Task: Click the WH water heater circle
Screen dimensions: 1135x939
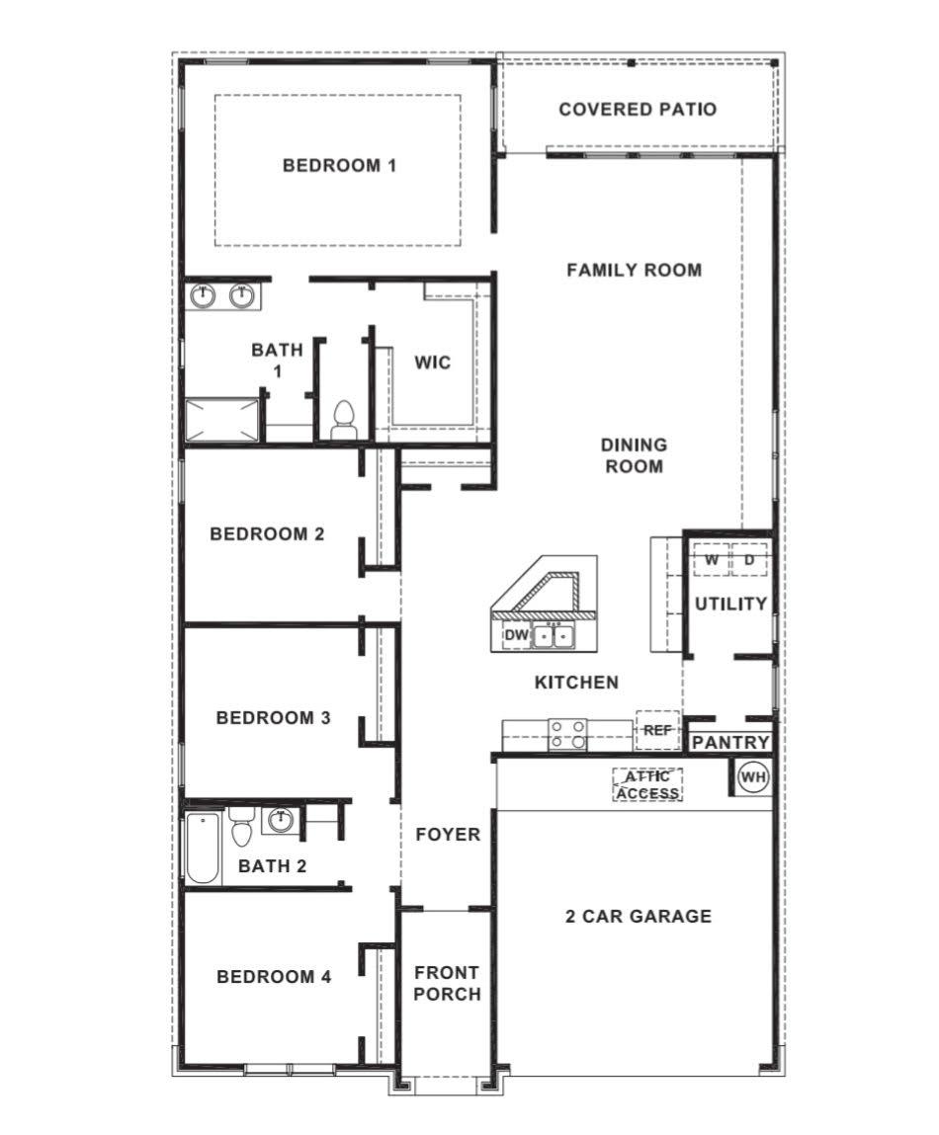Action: tap(753, 777)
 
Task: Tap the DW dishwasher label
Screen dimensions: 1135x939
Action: tap(516, 636)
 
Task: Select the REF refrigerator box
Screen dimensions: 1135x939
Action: tap(657, 730)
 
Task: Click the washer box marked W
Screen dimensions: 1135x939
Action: tap(711, 560)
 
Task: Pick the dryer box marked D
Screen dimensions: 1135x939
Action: tap(749, 560)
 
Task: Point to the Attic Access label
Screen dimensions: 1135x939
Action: tap(648, 785)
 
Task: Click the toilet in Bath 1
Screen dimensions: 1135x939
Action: tap(343, 420)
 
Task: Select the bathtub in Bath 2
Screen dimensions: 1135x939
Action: tap(204, 847)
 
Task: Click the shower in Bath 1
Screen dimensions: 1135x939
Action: tap(223, 420)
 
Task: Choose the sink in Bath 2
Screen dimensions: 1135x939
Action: tap(281, 820)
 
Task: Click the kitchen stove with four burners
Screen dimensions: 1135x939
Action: tap(567, 735)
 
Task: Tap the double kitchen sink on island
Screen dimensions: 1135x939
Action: tap(553, 636)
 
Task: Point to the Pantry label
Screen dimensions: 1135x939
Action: tap(730, 743)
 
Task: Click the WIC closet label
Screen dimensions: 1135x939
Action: tap(432, 363)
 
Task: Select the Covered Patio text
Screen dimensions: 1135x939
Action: tap(638, 109)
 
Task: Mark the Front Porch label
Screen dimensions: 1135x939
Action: tap(447, 984)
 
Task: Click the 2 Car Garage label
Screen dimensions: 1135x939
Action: tap(638, 916)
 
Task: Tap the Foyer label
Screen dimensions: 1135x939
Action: tap(447, 835)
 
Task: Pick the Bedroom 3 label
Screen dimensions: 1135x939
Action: tap(273, 717)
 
